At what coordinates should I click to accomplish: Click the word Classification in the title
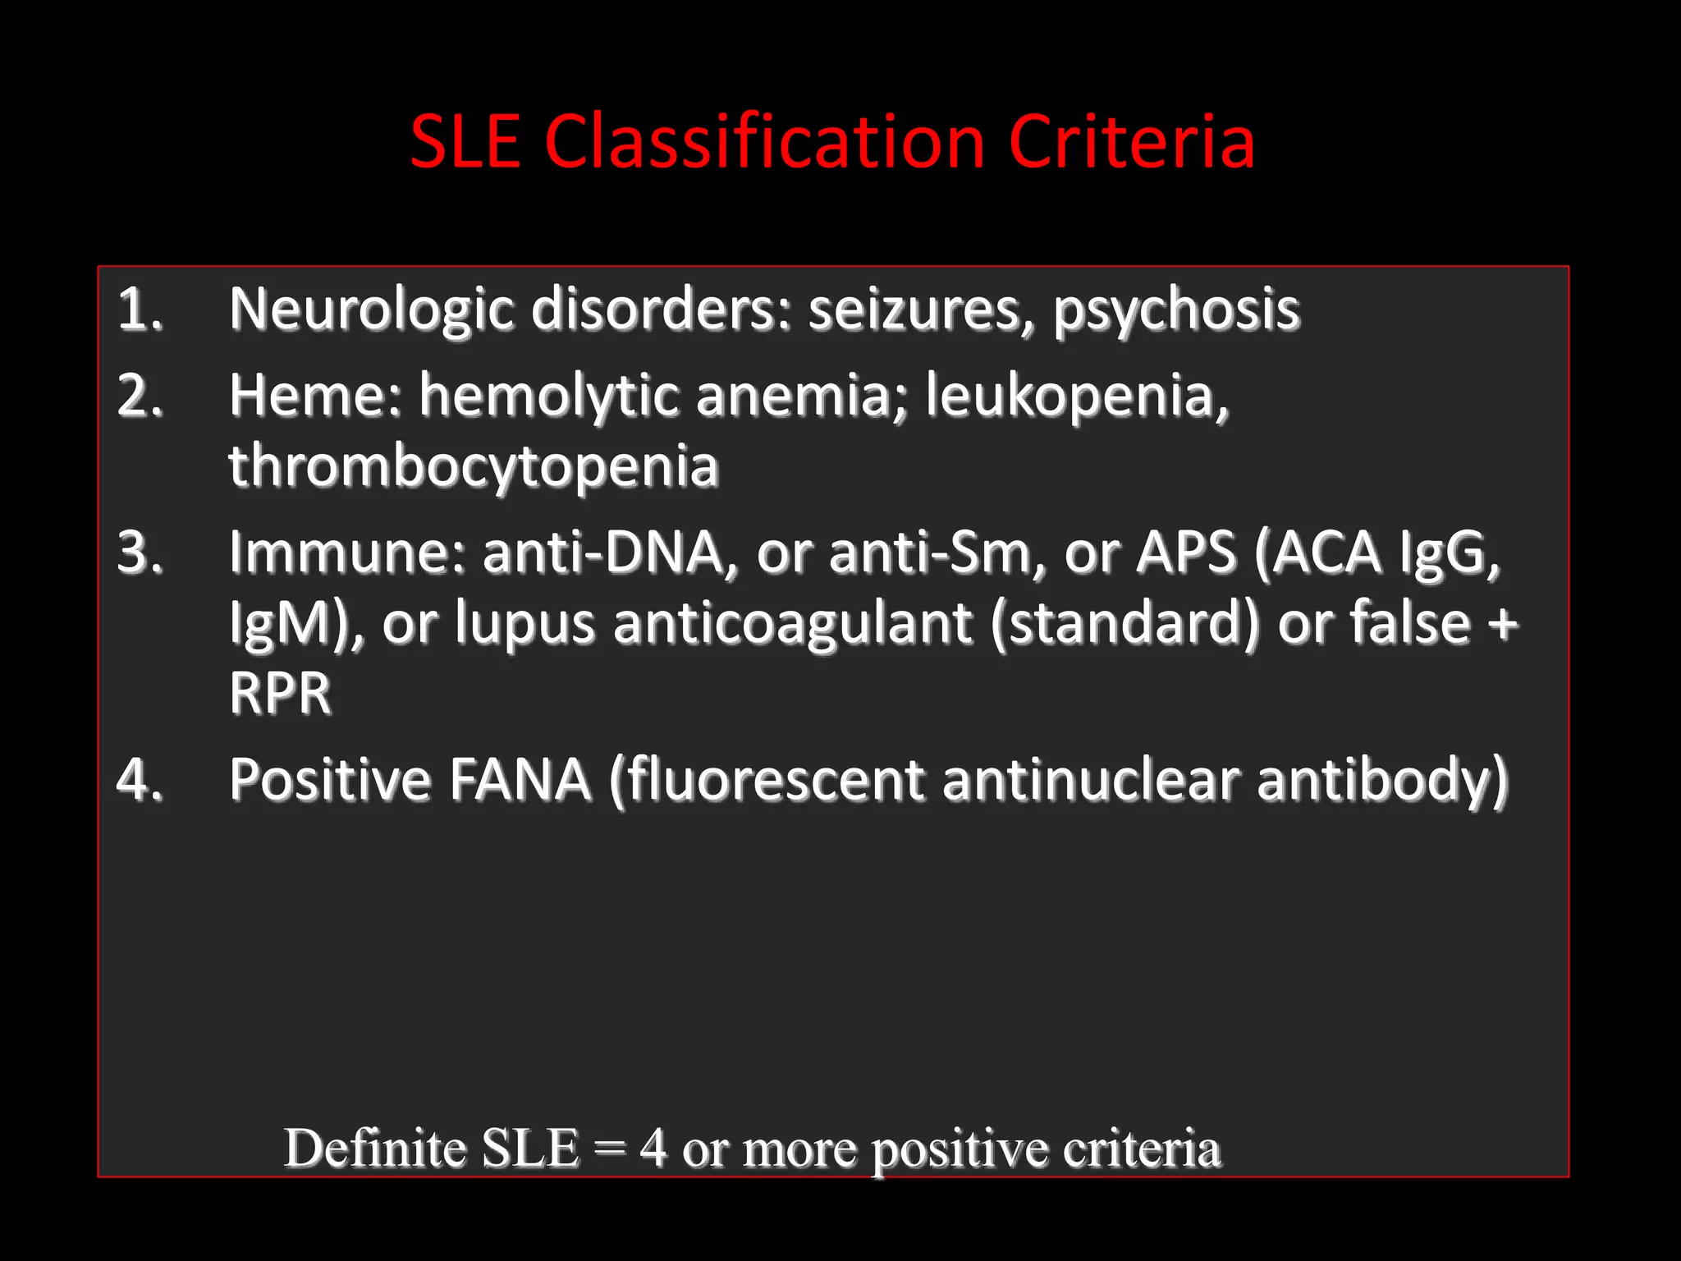click(763, 141)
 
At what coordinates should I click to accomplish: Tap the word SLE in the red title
click(465, 141)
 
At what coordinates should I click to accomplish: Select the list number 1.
click(140, 310)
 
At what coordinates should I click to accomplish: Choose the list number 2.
click(140, 396)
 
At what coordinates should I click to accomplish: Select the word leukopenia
click(1077, 396)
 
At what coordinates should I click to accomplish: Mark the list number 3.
click(140, 553)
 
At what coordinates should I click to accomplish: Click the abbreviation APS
click(1186, 553)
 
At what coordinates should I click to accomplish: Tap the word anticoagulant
click(792, 623)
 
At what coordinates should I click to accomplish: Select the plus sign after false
click(1502, 623)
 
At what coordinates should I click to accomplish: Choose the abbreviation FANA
click(520, 779)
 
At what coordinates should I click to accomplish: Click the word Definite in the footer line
click(375, 1148)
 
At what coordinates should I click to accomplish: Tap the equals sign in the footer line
click(610, 1148)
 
